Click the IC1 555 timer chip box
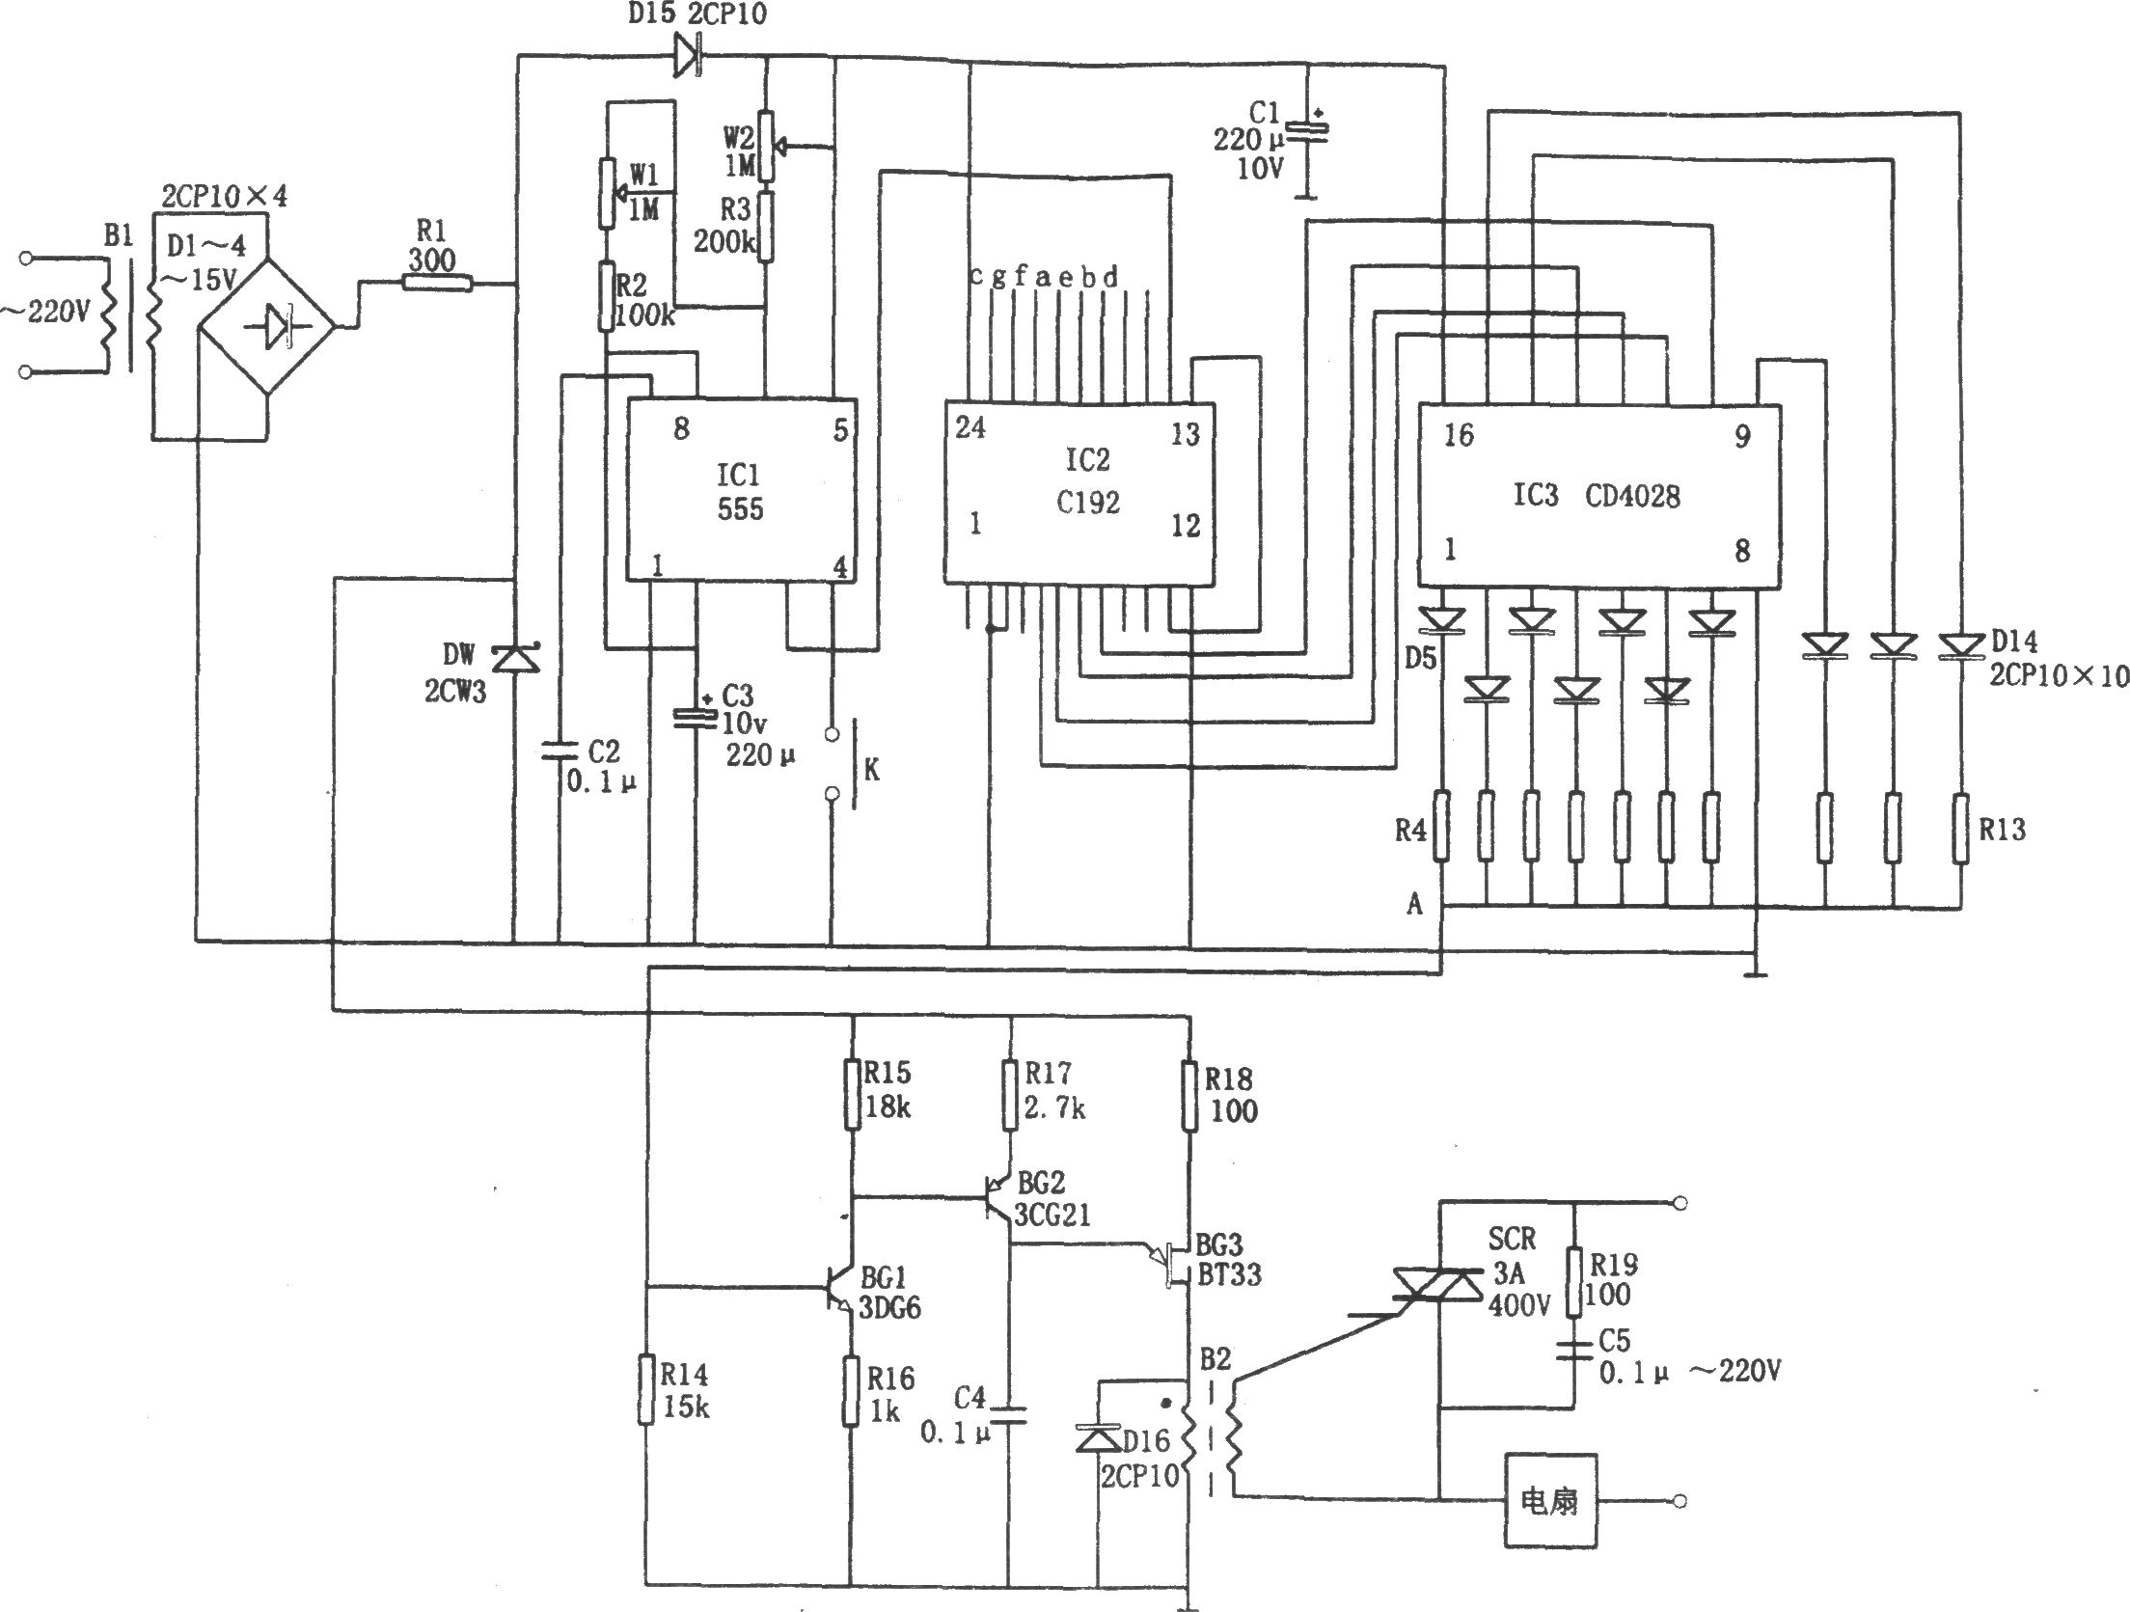[x=741, y=490]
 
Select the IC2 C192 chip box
[x=1079, y=492]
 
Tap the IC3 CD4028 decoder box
[x=1598, y=495]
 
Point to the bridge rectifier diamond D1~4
[x=266, y=326]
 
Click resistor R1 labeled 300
[x=437, y=283]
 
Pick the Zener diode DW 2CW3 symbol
[x=516, y=659]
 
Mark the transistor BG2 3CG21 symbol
[x=998, y=1200]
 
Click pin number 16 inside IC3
[x=1458, y=436]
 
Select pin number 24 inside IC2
[x=969, y=426]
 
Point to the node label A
[x=1414, y=904]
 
